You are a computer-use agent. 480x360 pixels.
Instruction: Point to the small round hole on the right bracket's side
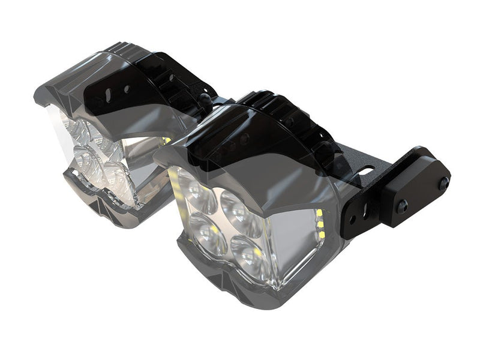point(365,211)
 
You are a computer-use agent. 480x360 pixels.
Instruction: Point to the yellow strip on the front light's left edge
point(175,180)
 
